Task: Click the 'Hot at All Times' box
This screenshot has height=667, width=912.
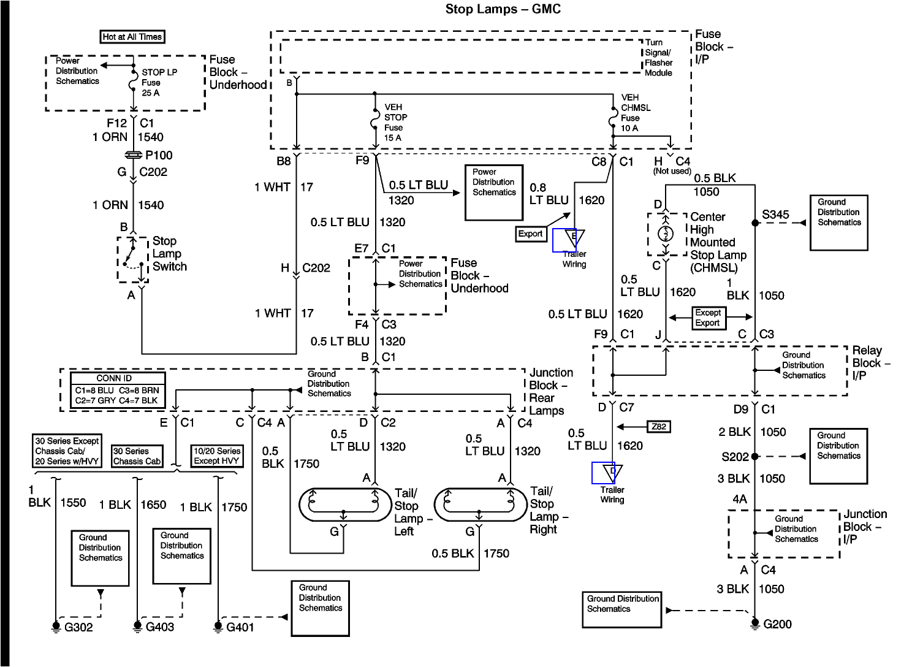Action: (x=132, y=37)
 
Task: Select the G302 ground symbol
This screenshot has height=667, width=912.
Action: (x=56, y=627)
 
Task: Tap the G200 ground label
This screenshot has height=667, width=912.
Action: (x=777, y=624)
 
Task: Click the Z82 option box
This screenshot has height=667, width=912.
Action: (x=659, y=427)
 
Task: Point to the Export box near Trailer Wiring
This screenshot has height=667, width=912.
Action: (x=530, y=234)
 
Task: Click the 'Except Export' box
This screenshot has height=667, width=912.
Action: (x=708, y=318)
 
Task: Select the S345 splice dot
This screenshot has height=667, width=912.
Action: (x=755, y=223)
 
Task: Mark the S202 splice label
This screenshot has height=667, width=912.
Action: (x=735, y=457)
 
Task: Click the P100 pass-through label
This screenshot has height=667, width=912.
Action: (x=159, y=155)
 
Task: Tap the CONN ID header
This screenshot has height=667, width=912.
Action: (x=114, y=378)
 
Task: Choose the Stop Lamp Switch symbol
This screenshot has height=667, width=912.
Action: (x=133, y=259)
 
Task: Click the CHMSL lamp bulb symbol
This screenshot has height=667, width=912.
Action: (x=666, y=234)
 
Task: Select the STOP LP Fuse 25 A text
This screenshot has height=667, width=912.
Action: (x=159, y=82)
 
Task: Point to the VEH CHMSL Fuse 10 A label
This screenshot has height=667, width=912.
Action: (x=635, y=113)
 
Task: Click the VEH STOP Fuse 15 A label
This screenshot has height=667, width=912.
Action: (x=395, y=122)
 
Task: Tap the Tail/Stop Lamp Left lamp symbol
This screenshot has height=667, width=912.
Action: (x=345, y=505)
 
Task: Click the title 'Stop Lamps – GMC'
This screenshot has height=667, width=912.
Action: (x=503, y=9)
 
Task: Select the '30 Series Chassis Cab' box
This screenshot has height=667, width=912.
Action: (x=137, y=456)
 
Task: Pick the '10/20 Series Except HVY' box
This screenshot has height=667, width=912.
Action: (x=216, y=455)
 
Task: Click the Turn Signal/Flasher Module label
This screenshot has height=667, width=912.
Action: (x=658, y=58)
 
